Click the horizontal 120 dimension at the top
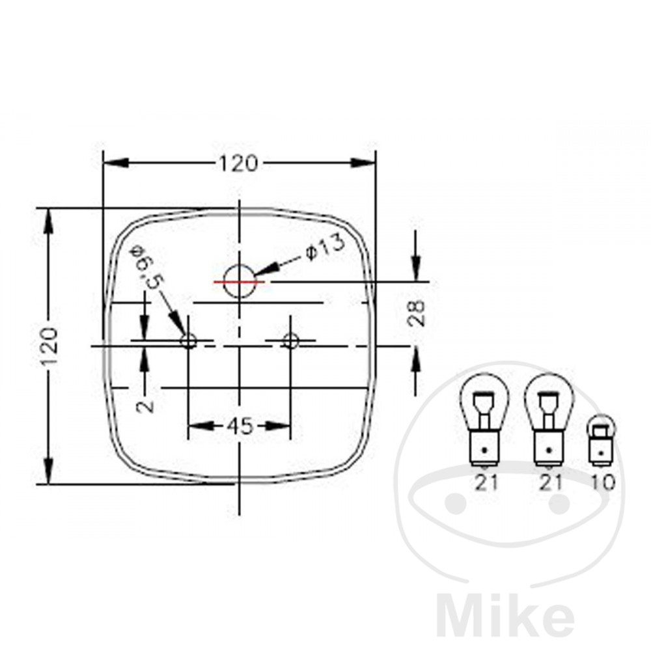tap(238, 163)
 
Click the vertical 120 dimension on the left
tap(49, 346)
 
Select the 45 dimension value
tap(240, 426)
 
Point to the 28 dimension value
tap(417, 313)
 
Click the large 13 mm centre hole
tap(239, 281)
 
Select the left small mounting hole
tap(188, 341)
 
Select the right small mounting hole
tap(290, 341)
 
